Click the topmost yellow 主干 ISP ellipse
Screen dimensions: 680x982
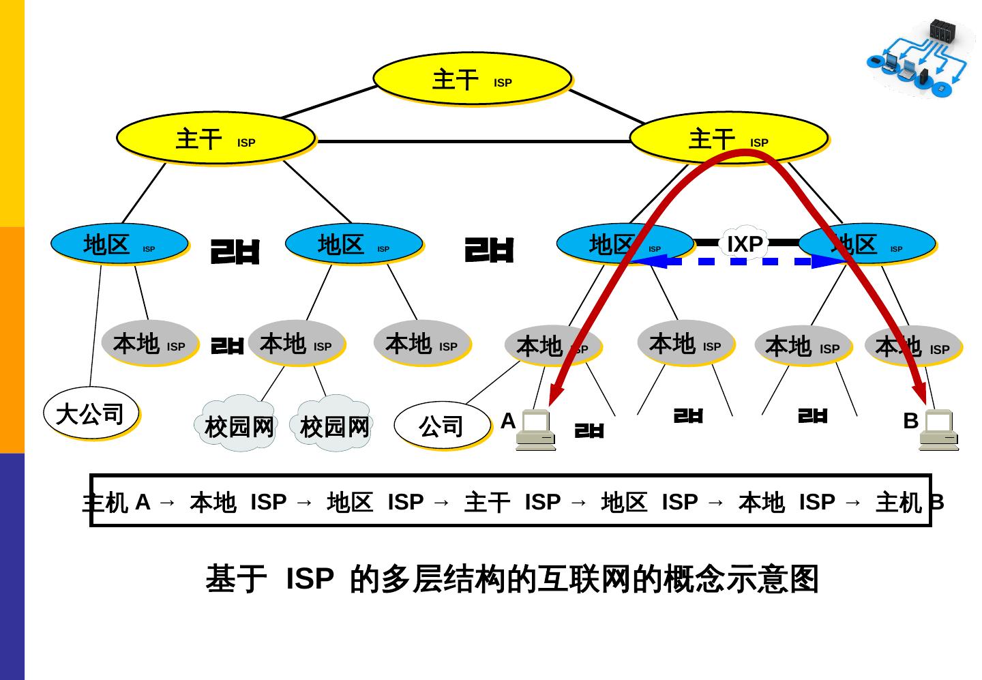tap(472, 78)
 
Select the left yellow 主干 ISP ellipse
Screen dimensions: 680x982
tap(215, 138)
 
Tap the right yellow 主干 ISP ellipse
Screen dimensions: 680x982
tap(728, 138)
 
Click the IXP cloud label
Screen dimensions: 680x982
tap(745, 243)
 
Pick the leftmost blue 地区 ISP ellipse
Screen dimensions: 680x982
tap(119, 243)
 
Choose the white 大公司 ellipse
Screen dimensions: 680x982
tap(91, 413)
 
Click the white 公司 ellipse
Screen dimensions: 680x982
tap(442, 426)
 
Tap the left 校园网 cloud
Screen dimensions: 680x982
tap(239, 426)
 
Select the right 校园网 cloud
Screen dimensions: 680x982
tap(334, 426)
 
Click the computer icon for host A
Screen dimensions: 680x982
tap(535, 430)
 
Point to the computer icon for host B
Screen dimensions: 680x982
tap(938, 430)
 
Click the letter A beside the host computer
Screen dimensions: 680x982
tap(507, 421)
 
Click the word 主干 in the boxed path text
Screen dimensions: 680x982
tap(487, 503)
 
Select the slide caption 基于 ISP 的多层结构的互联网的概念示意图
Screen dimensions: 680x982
tap(511, 579)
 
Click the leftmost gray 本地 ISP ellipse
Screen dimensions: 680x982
tap(149, 343)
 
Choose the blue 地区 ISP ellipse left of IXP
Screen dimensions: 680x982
tap(625, 243)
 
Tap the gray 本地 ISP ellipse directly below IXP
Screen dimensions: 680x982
tap(685, 343)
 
